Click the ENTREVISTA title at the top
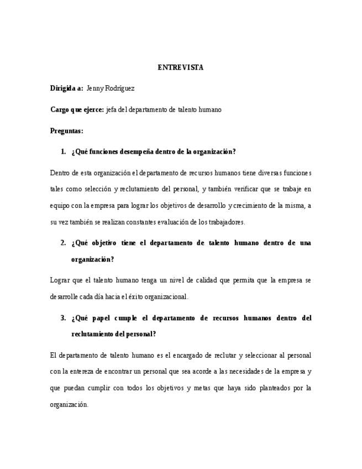180,67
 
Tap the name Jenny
96,88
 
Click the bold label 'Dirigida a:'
66,88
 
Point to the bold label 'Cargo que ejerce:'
77,110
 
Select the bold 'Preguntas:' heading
66,131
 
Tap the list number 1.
63,152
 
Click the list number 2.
63,243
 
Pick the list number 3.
63,318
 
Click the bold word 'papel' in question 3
98,318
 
